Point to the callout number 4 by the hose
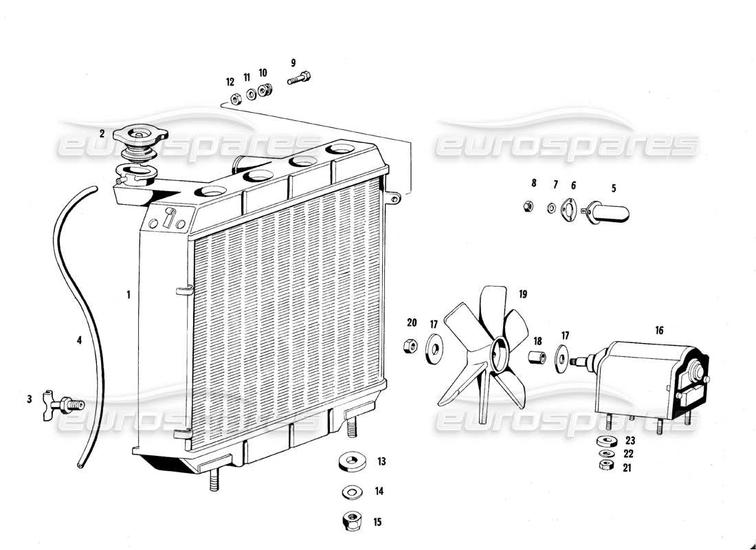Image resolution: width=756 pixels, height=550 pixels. click(79, 340)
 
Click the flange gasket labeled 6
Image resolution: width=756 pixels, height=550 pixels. click(570, 208)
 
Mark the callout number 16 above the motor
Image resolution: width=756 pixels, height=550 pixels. click(659, 331)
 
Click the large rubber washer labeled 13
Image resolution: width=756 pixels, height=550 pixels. click(353, 462)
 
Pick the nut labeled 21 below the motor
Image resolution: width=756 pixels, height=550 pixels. click(606, 466)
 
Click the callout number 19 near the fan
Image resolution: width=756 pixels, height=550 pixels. click(523, 294)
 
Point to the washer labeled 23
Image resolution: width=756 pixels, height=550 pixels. click(607, 441)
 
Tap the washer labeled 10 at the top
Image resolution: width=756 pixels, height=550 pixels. click(262, 91)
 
